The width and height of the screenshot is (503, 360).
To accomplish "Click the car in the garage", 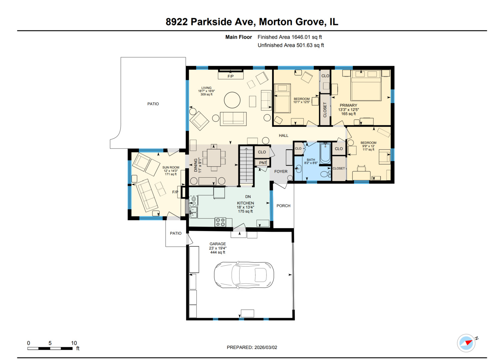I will click(x=244, y=275).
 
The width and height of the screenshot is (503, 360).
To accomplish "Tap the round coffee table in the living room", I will click(x=232, y=100).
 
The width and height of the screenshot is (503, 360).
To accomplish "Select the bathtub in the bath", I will click(x=325, y=153).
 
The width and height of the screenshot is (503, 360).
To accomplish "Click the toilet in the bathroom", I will click(x=324, y=174).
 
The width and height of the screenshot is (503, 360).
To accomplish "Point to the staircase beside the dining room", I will click(x=247, y=166).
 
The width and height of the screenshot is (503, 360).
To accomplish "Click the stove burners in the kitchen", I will click(x=220, y=222).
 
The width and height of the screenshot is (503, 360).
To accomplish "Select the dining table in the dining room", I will click(x=214, y=158).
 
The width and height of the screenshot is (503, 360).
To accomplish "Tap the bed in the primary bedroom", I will click(x=366, y=85).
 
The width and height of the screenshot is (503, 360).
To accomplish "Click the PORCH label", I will click(x=283, y=206).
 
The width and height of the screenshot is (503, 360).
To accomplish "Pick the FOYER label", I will click(x=281, y=171).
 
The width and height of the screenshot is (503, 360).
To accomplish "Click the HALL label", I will click(x=283, y=135).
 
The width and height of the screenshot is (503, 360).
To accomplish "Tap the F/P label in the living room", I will click(x=231, y=76).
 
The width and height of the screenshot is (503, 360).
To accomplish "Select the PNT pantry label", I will click(x=263, y=163).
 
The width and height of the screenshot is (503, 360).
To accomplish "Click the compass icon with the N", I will click(x=466, y=343).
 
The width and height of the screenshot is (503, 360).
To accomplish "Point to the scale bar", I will click(x=50, y=348).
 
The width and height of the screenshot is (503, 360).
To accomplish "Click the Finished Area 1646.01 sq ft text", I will click(x=289, y=37).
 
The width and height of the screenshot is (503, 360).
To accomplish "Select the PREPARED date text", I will click(x=252, y=347).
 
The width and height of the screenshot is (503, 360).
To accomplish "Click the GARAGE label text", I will click(x=218, y=244).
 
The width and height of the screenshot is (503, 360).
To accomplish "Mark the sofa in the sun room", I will click(x=147, y=195).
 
